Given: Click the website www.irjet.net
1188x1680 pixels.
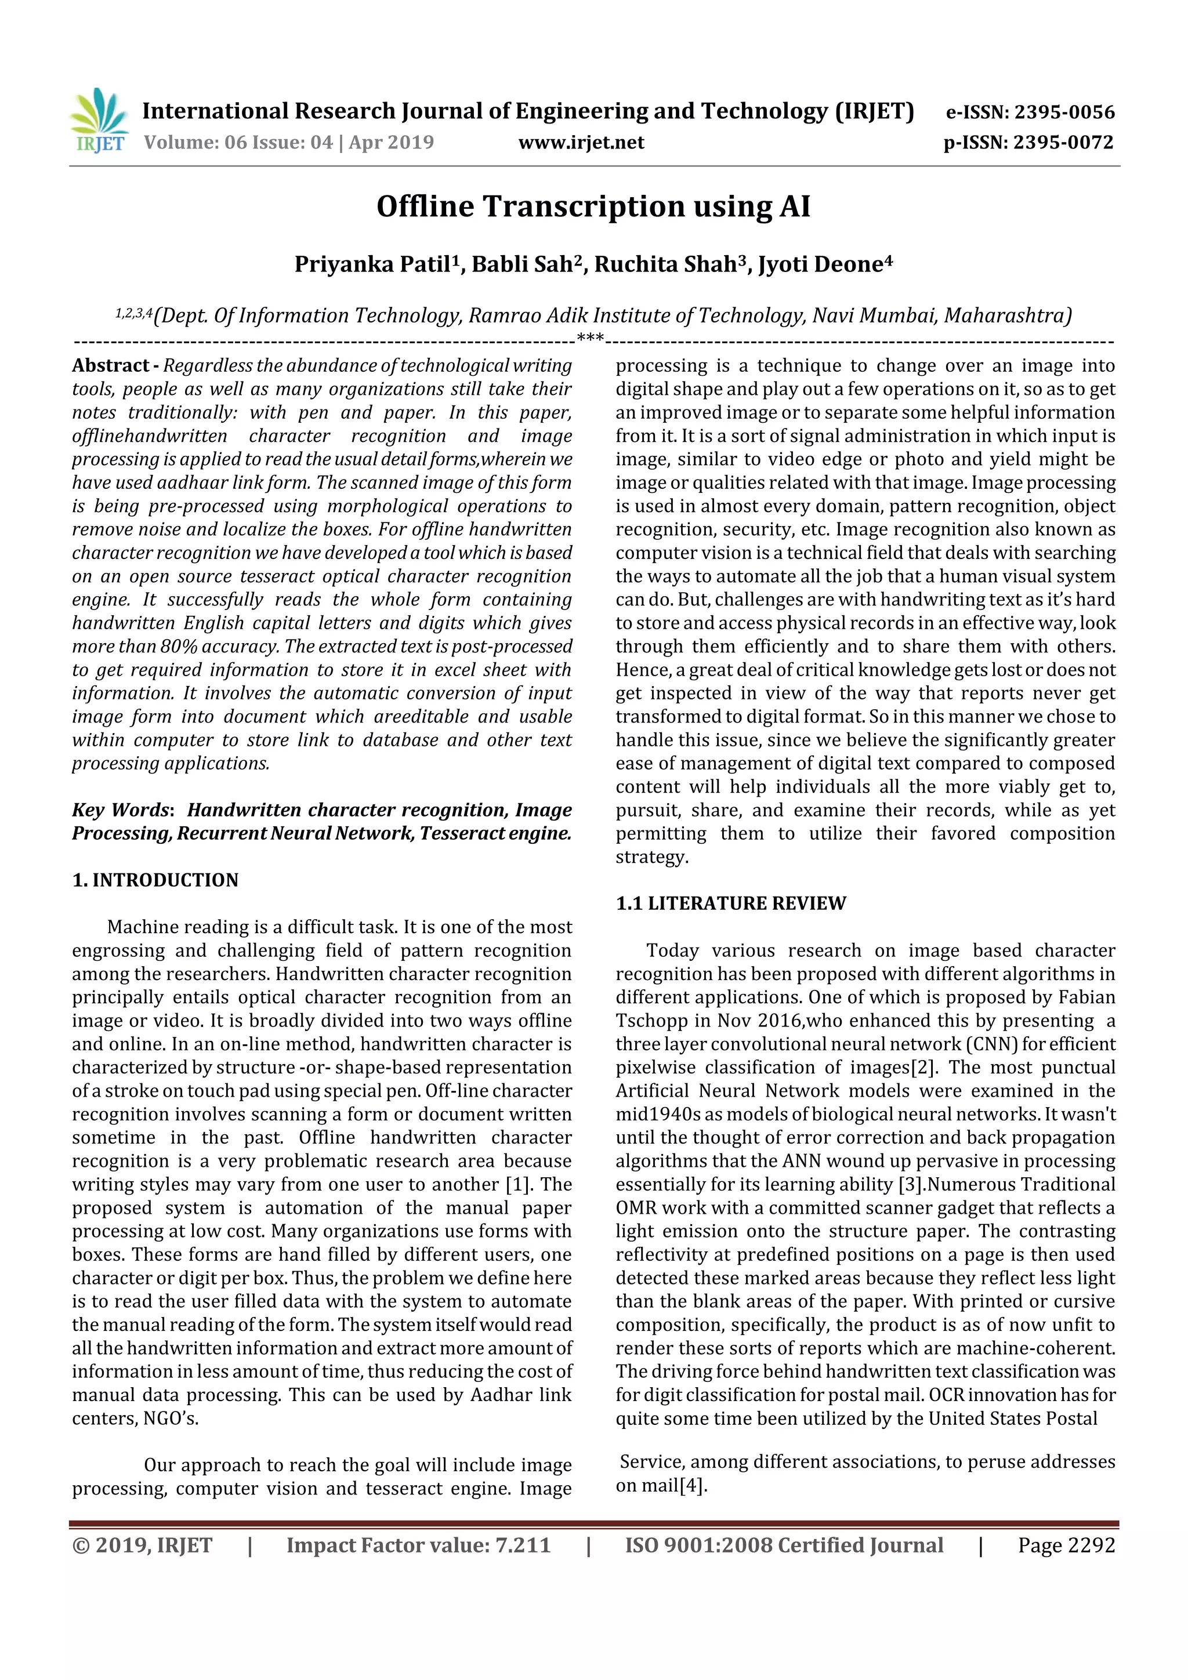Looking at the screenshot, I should tap(581, 142).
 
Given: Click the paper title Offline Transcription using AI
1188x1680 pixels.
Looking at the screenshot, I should tap(593, 206).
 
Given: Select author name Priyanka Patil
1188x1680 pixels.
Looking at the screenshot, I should tap(372, 264).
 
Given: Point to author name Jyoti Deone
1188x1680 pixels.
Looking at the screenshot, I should tap(821, 264).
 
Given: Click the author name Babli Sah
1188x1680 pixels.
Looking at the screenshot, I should tap(520, 264).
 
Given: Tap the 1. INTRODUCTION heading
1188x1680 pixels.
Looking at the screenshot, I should tap(155, 880).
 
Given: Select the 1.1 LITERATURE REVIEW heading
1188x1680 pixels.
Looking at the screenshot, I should tap(730, 904).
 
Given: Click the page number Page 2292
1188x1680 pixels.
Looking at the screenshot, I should tap(1066, 1545).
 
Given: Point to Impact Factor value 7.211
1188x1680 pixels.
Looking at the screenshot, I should tap(418, 1545).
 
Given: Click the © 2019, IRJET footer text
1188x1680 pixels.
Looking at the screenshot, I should tap(142, 1545).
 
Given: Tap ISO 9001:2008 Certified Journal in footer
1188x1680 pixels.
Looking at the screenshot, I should tap(783, 1545).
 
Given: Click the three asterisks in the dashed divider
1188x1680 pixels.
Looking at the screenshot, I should tap(590, 338).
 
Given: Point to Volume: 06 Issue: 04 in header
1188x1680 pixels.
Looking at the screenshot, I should tap(238, 142).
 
